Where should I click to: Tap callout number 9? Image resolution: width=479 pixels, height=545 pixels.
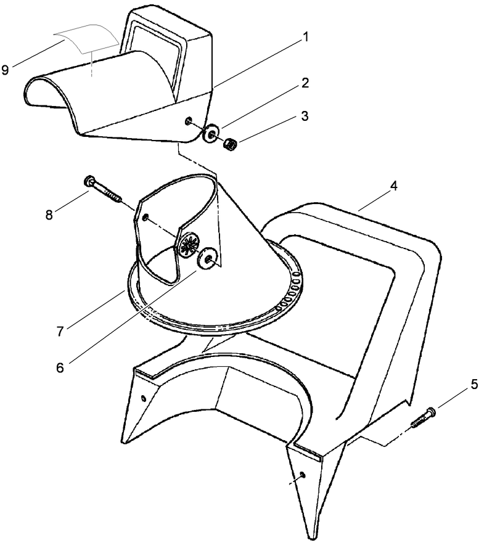(6, 69)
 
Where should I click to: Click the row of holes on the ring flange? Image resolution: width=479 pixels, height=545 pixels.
(289, 293)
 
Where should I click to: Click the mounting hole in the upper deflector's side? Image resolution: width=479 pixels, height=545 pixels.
(189, 121)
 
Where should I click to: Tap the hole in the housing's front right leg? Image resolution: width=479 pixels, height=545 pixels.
(303, 475)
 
